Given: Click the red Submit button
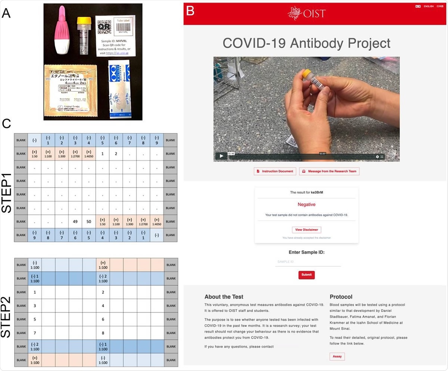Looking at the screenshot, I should point(307,275).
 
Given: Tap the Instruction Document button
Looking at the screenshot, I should point(275,171).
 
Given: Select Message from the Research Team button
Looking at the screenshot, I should point(329,171).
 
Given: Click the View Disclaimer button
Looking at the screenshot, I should point(307,230).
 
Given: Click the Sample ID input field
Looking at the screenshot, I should point(308,262).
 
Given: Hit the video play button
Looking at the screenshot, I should point(221,156).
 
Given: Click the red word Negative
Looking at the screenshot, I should point(307,204).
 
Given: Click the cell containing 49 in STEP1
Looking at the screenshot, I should point(75,222).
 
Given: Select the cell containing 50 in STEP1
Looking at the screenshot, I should point(89,222).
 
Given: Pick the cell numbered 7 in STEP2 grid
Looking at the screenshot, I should point(35,333).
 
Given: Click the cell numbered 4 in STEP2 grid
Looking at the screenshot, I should point(103,306).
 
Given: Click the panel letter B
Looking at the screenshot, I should point(190,11).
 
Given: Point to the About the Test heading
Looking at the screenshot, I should point(224,297).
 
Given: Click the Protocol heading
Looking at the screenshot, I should point(341,297).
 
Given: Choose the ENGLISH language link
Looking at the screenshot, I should point(429,6).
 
